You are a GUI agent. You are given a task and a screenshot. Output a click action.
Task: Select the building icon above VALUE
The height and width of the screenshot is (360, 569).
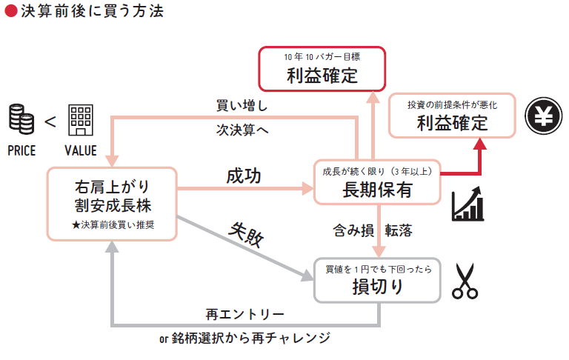(x=81, y=119)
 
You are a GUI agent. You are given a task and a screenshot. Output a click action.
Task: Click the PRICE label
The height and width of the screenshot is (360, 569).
(x=21, y=150)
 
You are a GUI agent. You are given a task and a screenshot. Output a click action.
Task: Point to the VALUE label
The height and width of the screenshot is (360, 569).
(x=81, y=150)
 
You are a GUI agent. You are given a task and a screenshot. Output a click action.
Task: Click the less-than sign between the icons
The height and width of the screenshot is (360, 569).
(x=50, y=121)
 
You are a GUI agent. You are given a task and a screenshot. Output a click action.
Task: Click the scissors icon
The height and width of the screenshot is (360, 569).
(x=465, y=281)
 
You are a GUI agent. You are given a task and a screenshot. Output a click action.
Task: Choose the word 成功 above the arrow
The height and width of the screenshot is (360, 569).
(x=244, y=176)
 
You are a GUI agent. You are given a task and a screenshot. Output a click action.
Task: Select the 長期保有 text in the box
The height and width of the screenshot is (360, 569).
(x=377, y=190)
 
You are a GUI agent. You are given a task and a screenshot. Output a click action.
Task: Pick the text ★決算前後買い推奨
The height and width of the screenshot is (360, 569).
(x=113, y=223)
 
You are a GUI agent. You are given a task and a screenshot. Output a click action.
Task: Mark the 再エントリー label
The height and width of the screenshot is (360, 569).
(x=244, y=314)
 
